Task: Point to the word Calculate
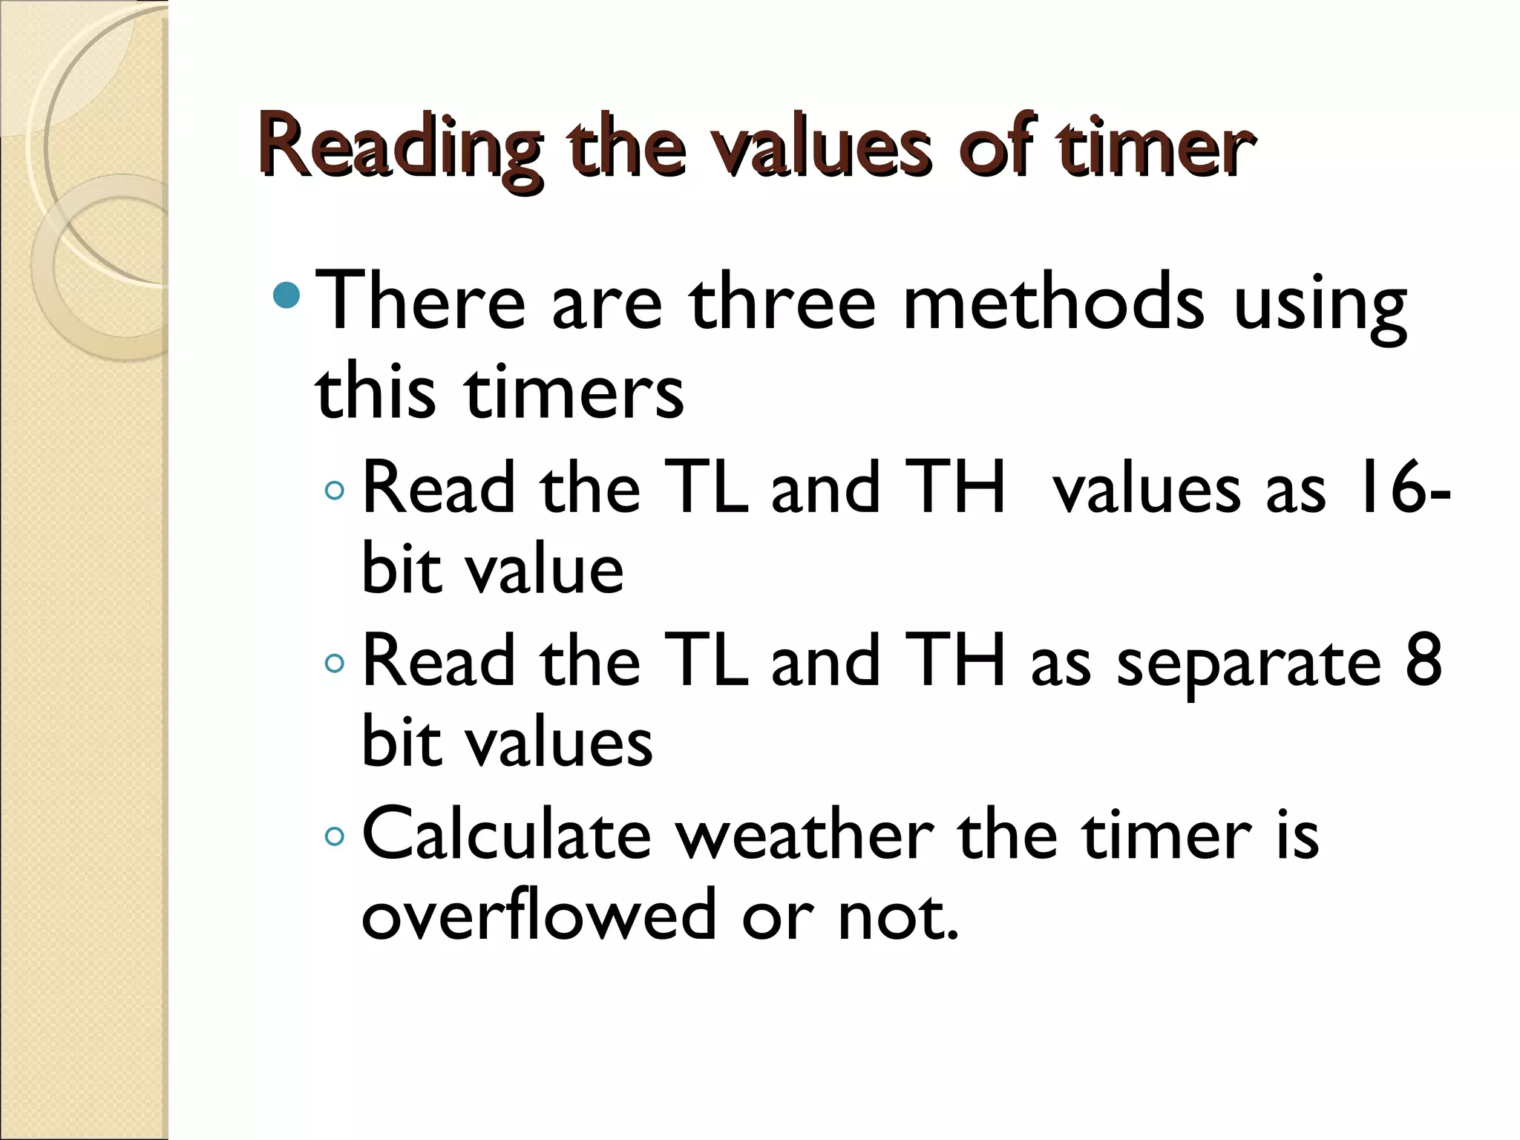coord(506,834)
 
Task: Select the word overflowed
coord(538,914)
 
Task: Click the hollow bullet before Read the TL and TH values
coord(335,491)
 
